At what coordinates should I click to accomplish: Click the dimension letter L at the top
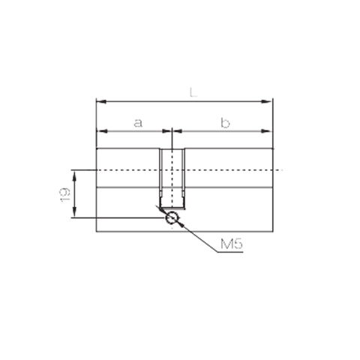pos(193,92)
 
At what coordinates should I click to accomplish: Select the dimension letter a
pos(137,122)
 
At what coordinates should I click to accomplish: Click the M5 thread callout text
pos(232,244)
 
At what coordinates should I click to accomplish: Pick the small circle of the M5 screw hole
pos(172,218)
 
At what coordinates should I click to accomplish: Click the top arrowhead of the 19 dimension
pos(73,173)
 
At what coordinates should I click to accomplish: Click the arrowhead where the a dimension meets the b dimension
pos(172,130)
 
